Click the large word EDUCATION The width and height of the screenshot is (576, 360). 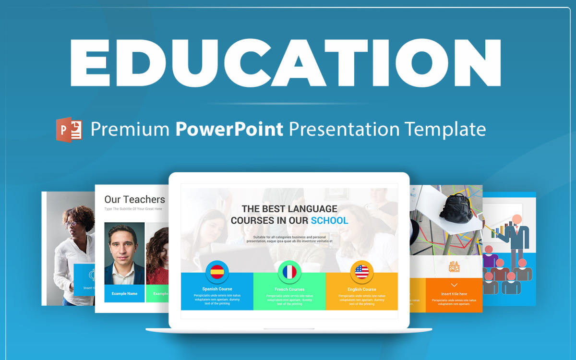[286, 62]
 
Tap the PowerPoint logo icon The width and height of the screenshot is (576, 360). [69, 129]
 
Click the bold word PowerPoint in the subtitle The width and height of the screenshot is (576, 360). [229, 129]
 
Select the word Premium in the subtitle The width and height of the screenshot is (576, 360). [130, 129]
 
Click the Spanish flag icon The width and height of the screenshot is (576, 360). [217, 272]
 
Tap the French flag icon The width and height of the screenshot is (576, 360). [289, 272]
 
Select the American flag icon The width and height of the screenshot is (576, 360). [361, 272]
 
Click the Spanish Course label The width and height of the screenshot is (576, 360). [217, 289]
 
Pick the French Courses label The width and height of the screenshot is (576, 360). [289, 289]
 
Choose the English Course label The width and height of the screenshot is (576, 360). [361, 289]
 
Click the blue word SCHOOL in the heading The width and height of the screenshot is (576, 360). [329, 221]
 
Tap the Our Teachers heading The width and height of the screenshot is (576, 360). [134, 199]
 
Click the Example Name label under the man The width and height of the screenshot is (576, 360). [124, 293]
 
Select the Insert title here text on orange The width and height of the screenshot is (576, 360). [454, 294]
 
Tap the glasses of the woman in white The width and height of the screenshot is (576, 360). [71, 224]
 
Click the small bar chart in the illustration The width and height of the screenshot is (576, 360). [502, 230]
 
